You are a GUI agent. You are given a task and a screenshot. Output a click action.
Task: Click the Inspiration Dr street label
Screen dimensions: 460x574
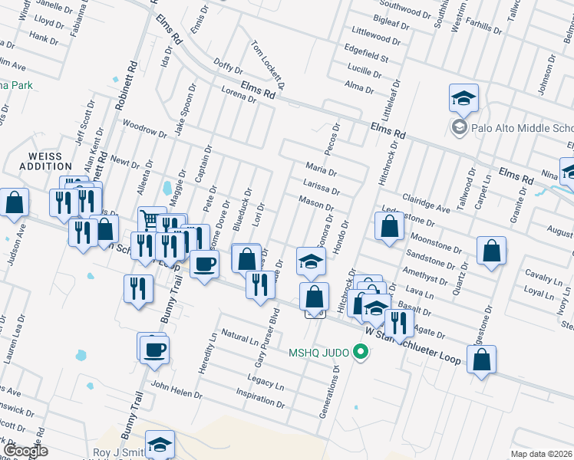(262, 399)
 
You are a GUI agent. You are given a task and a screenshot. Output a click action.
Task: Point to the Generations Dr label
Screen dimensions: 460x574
(329, 390)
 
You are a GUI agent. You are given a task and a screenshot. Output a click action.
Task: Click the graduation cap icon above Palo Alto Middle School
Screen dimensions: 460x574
(463, 97)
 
